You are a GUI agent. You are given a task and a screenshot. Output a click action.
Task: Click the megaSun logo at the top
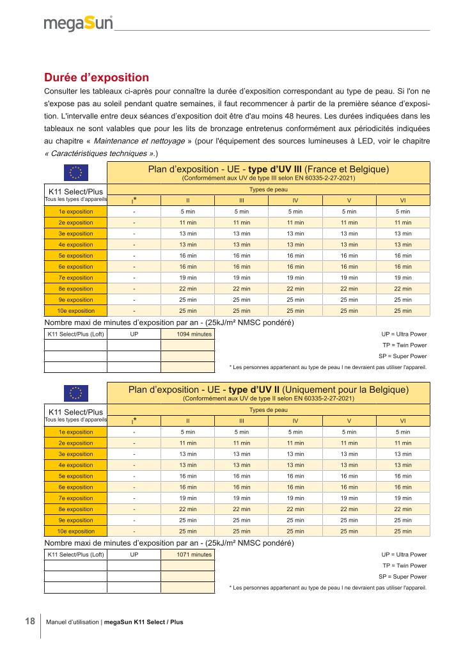[78, 24]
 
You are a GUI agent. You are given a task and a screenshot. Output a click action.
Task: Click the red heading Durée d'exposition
[96, 77]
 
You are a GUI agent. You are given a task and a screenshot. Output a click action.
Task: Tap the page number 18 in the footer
[30, 621]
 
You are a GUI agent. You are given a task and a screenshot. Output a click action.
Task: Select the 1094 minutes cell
[187, 334]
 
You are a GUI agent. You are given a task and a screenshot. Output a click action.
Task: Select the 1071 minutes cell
[187, 554]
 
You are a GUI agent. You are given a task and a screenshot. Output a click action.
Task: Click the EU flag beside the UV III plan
[76, 173]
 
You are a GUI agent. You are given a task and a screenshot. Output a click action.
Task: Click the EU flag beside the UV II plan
[76, 392]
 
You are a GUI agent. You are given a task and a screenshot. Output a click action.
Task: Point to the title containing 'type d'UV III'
[268, 169]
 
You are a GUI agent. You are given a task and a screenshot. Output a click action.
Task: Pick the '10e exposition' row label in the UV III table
[76, 311]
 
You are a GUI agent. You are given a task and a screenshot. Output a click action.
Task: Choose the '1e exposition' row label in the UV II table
[76, 432]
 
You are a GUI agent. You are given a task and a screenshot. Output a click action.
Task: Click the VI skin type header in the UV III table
[402, 200]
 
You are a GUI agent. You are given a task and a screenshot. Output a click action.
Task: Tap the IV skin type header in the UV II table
[295, 420]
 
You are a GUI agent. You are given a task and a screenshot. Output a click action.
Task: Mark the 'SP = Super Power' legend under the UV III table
[402, 356]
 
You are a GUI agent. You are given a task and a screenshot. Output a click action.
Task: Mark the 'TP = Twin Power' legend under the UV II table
[404, 565]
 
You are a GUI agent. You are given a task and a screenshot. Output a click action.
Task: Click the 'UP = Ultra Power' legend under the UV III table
[404, 334]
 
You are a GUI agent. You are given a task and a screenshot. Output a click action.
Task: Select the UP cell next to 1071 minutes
[134, 554]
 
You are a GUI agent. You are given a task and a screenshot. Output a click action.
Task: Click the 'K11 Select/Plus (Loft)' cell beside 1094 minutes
[75, 334]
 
